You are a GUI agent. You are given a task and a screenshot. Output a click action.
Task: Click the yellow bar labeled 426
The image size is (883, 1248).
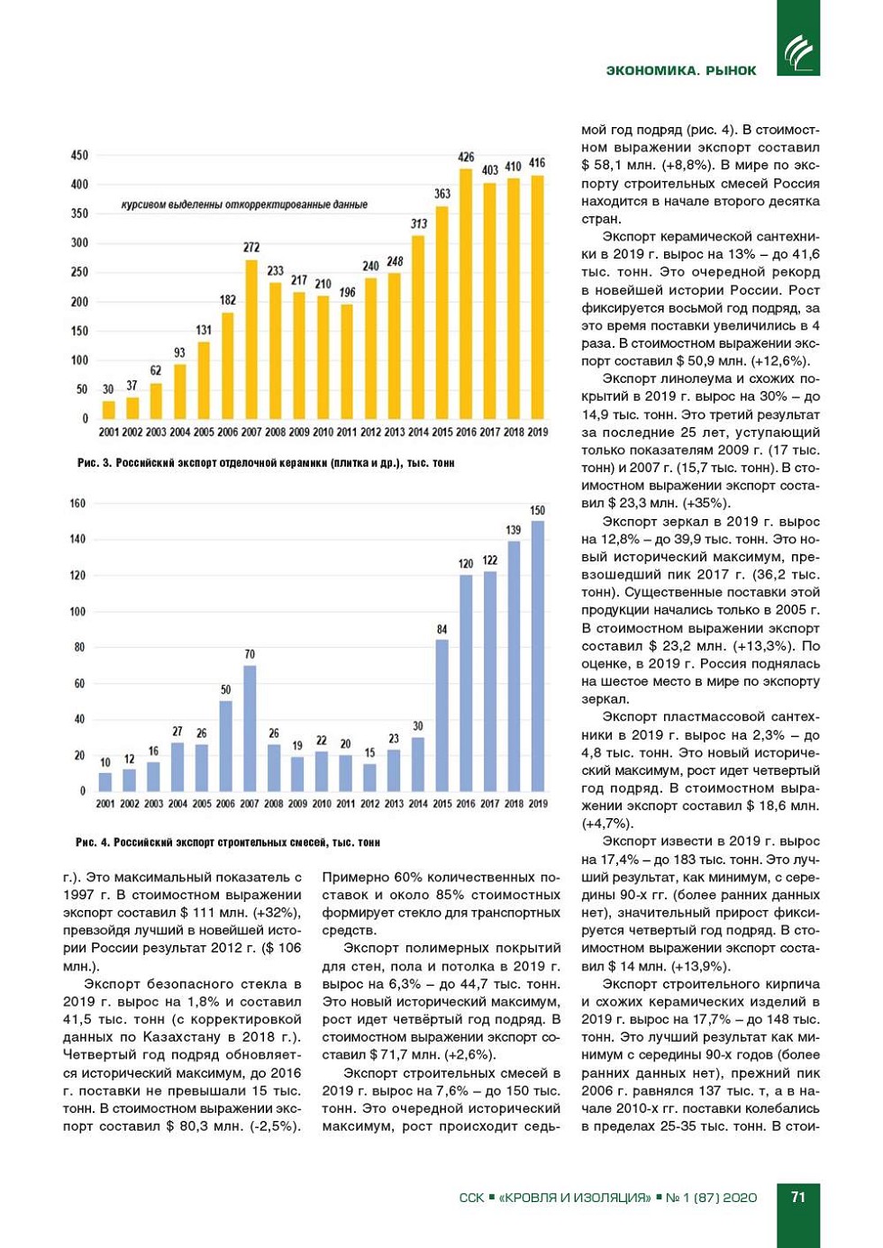pos(466,294)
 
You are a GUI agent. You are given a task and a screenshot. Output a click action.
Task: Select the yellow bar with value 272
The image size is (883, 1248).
pos(251,340)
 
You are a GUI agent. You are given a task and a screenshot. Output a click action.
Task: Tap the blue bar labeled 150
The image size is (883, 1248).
pos(538,656)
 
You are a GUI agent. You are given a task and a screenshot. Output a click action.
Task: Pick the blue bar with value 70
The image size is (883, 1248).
pos(250,728)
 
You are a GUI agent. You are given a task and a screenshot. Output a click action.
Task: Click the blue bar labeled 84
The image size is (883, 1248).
pos(441,715)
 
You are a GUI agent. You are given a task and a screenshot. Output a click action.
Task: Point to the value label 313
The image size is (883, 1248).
pos(419,223)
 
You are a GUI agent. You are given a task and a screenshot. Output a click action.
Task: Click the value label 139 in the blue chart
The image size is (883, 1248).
pos(514,530)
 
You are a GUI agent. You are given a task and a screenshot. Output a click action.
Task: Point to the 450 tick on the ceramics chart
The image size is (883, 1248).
pos(79,155)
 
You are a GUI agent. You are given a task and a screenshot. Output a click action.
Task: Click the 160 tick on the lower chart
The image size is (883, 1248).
pos(77,503)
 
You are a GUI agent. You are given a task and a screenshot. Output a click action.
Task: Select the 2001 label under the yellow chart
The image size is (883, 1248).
pos(108,433)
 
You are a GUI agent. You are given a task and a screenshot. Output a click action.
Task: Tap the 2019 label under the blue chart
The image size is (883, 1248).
pos(538,804)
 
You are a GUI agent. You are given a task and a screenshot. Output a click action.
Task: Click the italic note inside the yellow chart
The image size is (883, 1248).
pos(244,205)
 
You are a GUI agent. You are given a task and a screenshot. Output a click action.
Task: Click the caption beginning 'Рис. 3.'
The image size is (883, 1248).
pos(266,463)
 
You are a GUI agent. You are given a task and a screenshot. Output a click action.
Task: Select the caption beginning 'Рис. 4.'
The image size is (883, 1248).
pos(228,843)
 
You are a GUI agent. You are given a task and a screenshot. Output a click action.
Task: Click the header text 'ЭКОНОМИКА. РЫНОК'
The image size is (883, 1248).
pos(681,70)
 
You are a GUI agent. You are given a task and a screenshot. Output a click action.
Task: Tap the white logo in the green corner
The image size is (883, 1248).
pos(798,52)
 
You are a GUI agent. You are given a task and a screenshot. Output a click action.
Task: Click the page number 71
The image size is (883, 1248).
pos(798,1197)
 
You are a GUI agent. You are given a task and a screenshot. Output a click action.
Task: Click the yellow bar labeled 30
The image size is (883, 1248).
pos(108,410)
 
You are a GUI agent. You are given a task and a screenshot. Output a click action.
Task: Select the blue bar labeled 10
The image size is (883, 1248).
pos(105,781)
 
